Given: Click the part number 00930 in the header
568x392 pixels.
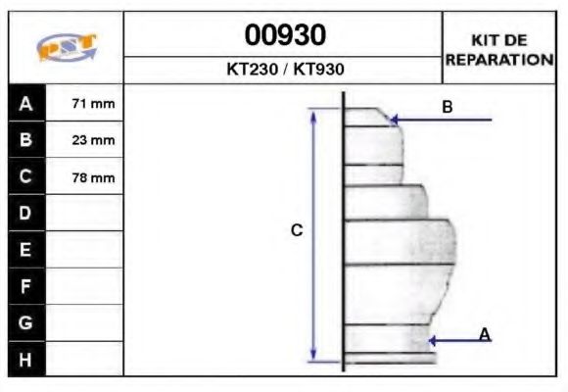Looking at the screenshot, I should tap(284, 35).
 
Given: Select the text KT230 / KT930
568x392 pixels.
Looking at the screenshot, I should tap(284, 70).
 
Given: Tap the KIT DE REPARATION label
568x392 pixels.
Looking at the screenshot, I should tap(499, 49).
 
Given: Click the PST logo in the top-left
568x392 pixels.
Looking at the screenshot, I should tap(66, 48).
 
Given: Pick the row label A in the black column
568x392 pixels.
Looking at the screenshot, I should tap(25, 104).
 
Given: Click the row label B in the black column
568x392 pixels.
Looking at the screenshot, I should tap(25, 140).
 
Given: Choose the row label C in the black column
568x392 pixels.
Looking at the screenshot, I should tap(25, 177).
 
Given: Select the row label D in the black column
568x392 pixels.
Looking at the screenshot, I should tap(25, 214).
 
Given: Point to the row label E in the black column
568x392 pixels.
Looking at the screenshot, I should tap(25, 250).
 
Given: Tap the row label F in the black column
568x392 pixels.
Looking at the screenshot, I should tap(25, 286).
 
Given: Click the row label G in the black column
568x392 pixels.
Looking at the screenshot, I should tap(25, 322).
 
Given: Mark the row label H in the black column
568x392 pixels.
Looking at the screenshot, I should tap(25, 359).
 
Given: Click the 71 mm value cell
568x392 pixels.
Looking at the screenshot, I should tap(86, 104).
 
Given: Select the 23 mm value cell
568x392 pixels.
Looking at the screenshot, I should tap(86, 140).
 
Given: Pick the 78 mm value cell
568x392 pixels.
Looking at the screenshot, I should tap(86, 177).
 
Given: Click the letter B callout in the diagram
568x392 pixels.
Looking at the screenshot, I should tap(447, 107).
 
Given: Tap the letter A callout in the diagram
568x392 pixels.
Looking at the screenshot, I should tap(484, 335).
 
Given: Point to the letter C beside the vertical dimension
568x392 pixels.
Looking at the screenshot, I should tap(297, 231).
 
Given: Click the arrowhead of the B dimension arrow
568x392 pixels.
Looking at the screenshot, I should tap(394, 121).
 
